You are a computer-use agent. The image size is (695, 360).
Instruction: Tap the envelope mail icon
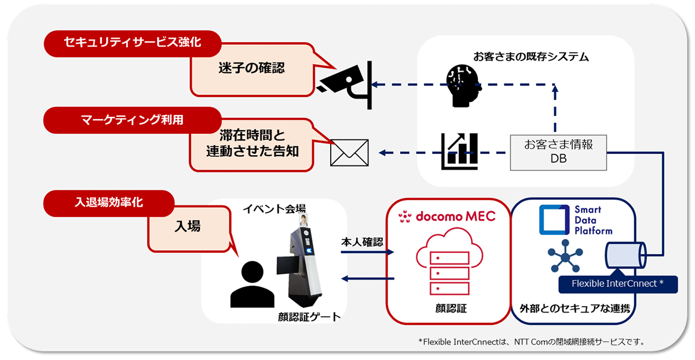pos(349,153)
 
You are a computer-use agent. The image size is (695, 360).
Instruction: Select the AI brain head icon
pos(463,86)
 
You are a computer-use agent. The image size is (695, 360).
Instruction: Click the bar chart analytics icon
pos(459,151)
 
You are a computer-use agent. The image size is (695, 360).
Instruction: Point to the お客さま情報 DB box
pos(558,152)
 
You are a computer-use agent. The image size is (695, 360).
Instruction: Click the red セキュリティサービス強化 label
pos(133,43)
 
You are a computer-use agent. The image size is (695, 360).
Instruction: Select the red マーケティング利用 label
pos(133,120)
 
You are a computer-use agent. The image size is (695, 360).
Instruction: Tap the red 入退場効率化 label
pos(109,203)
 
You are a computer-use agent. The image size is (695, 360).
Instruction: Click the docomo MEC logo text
pos(447,216)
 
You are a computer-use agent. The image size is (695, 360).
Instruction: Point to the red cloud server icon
pos(449,261)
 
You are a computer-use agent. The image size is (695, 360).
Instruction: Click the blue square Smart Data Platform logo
pos(554,219)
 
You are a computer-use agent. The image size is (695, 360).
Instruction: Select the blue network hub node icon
pos(565,256)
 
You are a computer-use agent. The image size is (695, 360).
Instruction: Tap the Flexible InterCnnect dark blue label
pos(618,284)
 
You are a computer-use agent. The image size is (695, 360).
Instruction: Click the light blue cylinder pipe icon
pos(625,255)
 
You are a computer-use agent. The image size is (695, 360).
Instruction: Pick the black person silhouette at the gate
pos(253,284)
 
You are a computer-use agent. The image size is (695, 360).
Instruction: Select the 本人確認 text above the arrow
pos(362,242)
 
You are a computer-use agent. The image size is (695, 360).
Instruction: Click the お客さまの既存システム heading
pos(531,57)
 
